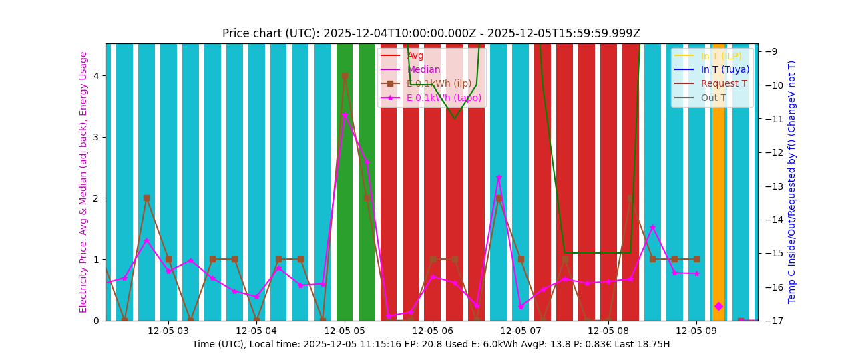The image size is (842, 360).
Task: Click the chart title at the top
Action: [431, 33]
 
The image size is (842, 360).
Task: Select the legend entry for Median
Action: [423, 69]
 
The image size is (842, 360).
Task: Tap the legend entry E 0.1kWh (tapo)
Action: [443, 98]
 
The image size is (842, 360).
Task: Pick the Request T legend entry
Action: [724, 83]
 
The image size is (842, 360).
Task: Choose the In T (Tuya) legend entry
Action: [724, 69]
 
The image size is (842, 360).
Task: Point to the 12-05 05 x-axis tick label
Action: [345, 331]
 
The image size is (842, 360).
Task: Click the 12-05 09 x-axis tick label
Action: [696, 331]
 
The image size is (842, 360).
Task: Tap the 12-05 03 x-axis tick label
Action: [168, 331]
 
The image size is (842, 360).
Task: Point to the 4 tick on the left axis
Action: [96, 76]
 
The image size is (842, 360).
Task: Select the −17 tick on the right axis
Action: [770, 321]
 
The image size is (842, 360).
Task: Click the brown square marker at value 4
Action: [345, 76]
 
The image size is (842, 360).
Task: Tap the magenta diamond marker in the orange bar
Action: [718, 306]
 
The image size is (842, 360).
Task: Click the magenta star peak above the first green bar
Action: [345, 115]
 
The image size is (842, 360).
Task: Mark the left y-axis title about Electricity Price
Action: [84, 182]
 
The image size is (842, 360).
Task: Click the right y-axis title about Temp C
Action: [792, 182]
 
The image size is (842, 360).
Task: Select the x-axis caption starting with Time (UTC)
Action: [431, 344]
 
